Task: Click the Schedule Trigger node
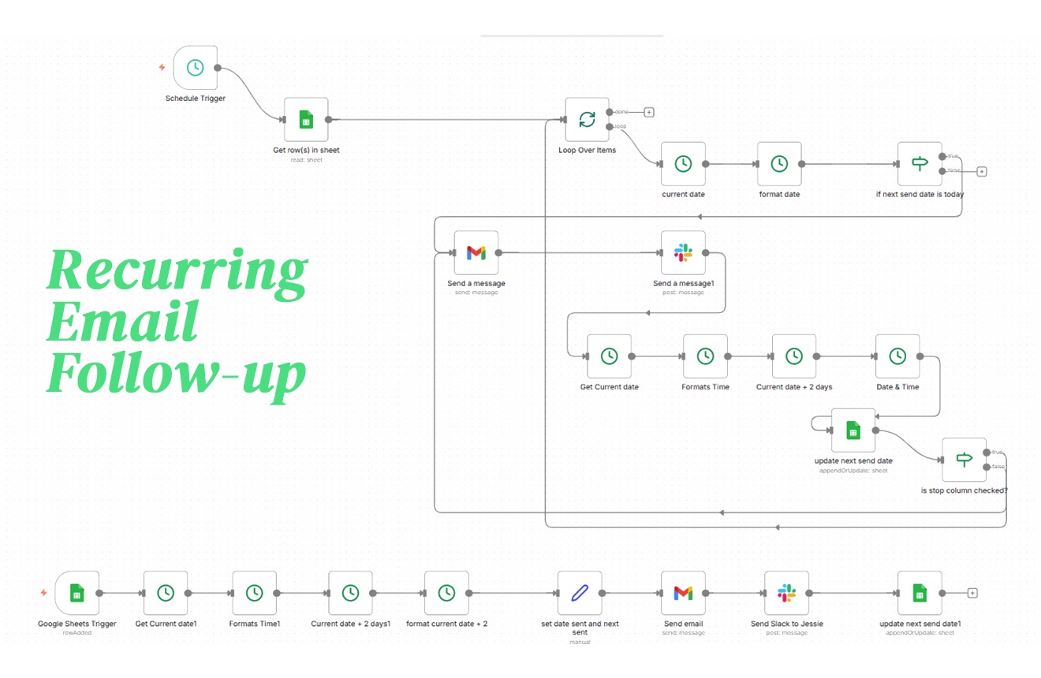point(195,67)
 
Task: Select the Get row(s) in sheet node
point(306,120)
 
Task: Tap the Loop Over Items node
point(588,120)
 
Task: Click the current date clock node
point(683,164)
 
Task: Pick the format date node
point(779,164)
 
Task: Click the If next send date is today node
point(920,164)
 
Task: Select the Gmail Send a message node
point(476,252)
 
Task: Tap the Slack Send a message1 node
point(683,252)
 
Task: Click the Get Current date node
point(609,356)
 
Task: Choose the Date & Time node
point(897,356)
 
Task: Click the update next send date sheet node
point(853,430)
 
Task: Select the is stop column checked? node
point(964,460)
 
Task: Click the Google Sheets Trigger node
point(76,593)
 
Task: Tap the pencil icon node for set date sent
point(580,593)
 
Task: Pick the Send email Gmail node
point(683,593)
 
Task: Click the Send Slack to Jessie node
point(786,593)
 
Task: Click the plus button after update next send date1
point(972,593)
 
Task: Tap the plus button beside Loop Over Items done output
point(649,112)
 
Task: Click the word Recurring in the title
point(177,270)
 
